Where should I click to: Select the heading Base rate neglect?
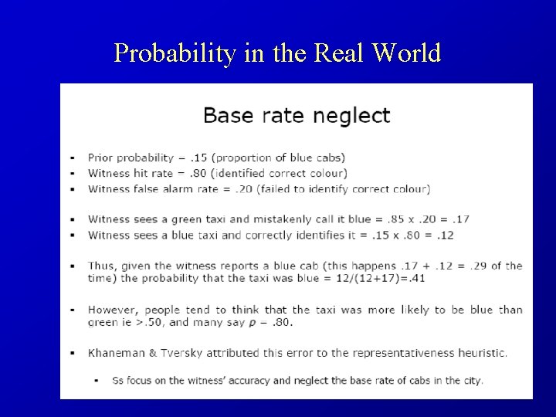pyautogui.click(x=297, y=116)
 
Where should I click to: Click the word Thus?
pyautogui.click(x=102, y=266)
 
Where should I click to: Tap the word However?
pyautogui.click(x=113, y=310)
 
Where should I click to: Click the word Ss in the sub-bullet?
pyautogui.click(x=118, y=381)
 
